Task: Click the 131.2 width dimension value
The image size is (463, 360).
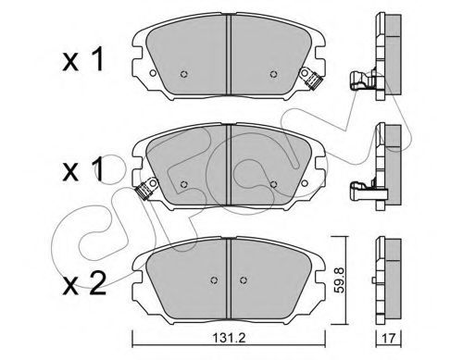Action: [229, 339]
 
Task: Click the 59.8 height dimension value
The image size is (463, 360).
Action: [340, 280]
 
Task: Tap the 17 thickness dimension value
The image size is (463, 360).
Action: [388, 339]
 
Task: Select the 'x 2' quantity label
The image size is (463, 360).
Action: [84, 283]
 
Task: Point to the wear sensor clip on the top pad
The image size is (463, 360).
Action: [311, 78]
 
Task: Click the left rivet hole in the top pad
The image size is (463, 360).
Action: [184, 74]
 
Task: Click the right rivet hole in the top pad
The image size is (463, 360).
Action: [273, 74]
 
